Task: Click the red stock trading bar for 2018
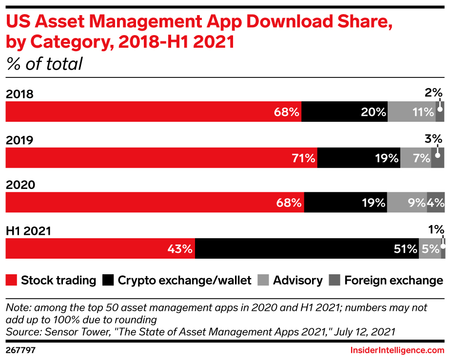point(146,112)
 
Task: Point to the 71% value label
point(303,158)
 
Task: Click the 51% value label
point(405,249)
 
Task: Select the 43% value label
point(180,249)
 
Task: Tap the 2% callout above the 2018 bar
point(433,93)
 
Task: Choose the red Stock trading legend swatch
point(11,281)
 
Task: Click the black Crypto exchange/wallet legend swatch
point(108,281)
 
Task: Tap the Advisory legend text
point(297,281)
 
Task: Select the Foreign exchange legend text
point(393,281)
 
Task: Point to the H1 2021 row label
point(28,231)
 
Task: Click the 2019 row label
point(20,140)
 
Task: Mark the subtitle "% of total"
point(44,64)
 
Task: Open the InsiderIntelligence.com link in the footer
point(397,350)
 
